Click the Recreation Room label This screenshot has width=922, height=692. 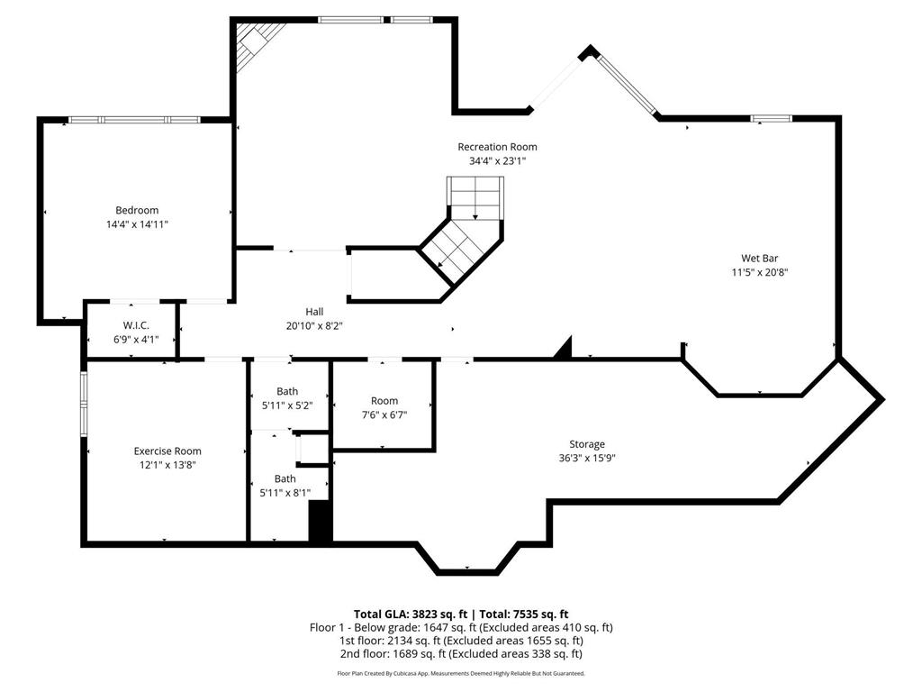pos(497,147)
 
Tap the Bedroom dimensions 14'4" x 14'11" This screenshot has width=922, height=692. pos(137,224)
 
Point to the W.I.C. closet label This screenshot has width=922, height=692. pos(136,325)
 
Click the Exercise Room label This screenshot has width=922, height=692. pos(167,451)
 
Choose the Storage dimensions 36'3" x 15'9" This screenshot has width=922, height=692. pos(586,458)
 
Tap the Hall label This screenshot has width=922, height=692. pos(314,311)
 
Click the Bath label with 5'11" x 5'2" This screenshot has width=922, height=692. pos(287,391)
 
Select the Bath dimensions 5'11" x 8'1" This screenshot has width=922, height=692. pos(285,493)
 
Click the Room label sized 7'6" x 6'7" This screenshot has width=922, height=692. pos(384,401)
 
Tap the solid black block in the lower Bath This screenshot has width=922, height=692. pos(321,522)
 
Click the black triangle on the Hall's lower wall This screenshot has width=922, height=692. pos(563,350)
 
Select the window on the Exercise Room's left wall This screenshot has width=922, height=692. pos(84,404)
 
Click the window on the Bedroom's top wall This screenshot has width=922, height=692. pos(134,119)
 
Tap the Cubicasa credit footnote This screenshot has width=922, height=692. pos(461,673)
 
